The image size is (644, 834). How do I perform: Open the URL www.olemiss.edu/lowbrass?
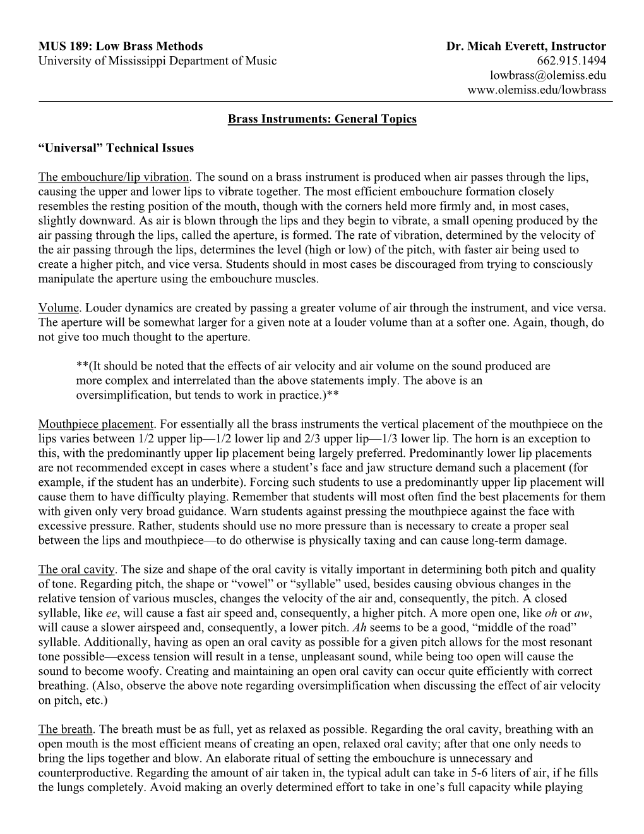536,90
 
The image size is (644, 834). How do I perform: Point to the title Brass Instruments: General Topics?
322,119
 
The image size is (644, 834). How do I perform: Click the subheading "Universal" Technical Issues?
116,148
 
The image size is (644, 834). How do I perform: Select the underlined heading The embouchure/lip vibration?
114,177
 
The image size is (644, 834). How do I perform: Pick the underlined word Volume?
59,308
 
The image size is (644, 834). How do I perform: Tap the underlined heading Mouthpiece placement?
96,424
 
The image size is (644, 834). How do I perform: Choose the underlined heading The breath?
66,729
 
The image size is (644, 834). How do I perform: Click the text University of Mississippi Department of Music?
157,61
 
